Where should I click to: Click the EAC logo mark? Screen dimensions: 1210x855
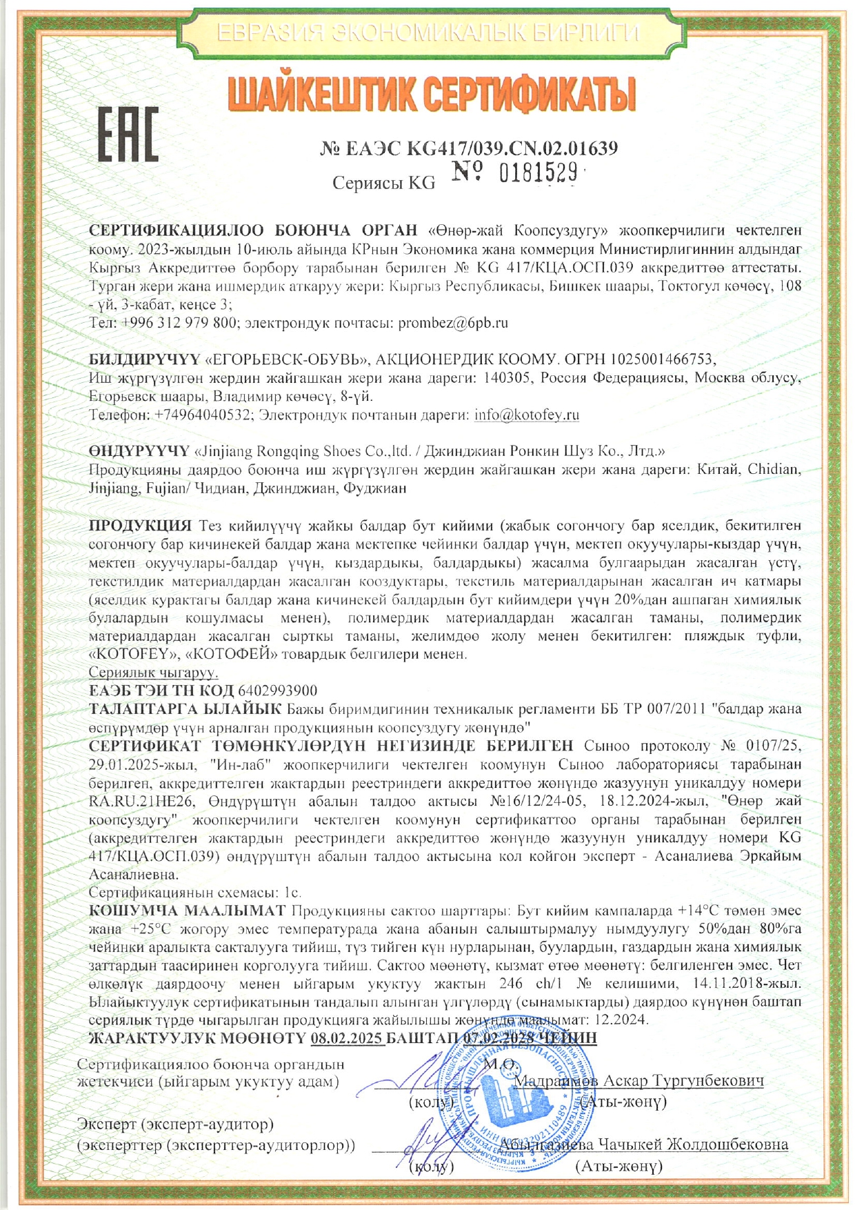[x=128, y=135]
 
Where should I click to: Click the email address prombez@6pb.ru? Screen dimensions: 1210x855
[x=453, y=322]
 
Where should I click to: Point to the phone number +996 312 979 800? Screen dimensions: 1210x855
[x=181, y=322]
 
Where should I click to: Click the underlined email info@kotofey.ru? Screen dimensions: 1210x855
[x=527, y=415]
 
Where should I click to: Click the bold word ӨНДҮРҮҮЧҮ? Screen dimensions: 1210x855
[x=139, y=451]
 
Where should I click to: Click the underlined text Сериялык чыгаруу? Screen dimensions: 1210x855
[x=154, y=672]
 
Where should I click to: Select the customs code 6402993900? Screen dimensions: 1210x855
[x=277, y=691]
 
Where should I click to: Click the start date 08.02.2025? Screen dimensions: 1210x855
[x=347, y=1038]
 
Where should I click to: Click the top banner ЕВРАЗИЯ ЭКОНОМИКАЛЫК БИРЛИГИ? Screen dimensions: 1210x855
[x=428, y=32]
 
